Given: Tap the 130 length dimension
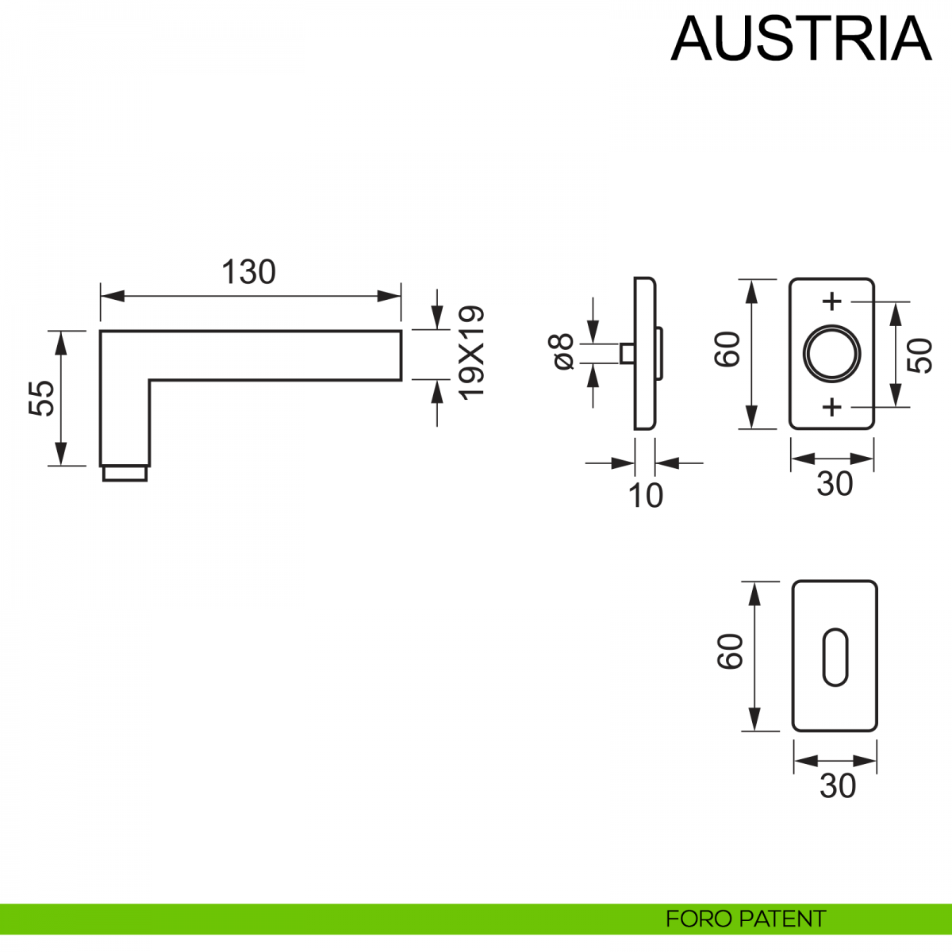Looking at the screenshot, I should click(x=248, y=272).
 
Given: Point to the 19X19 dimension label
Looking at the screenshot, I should click(x=471, y=352).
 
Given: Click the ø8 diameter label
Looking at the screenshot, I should click(x=562, y=351).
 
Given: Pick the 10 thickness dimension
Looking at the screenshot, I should click(x=645, y=496).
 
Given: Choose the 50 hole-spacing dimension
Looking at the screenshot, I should click(x=919, y=355).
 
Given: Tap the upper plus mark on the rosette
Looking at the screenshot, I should click(x=831, y=301).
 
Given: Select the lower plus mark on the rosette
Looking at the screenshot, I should click(x=831, y=407).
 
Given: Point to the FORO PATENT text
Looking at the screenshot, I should click(x=745, y=919).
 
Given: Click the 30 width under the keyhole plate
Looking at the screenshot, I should click(x=838, y=786).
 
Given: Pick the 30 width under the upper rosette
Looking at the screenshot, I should click(x=835, y=484).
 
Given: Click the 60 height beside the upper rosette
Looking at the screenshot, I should click(x=727, y=349).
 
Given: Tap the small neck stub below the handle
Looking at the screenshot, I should click(x=125, y=474).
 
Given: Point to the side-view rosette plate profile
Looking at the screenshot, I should click(x=644, y=353).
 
